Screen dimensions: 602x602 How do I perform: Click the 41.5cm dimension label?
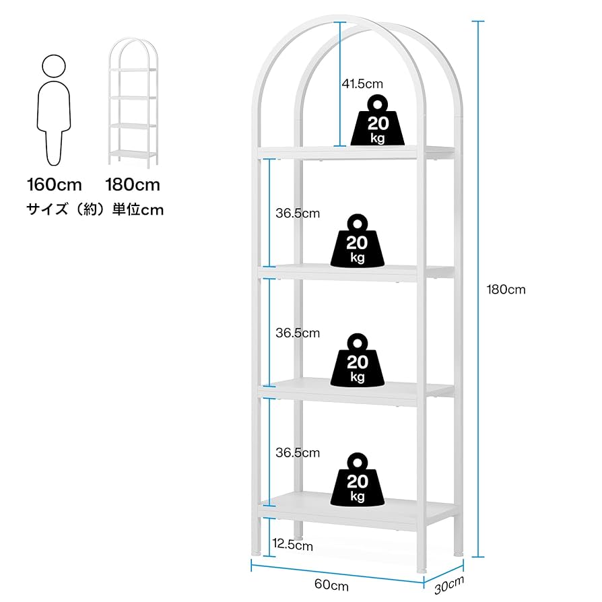pyautogui.click(x=362, y=84)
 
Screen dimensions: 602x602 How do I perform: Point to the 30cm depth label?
pyautogui.click(x=448, y=584)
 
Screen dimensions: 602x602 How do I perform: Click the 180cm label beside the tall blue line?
pyautogui.click(x=506, y=290)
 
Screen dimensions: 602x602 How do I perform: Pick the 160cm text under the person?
pyautogui.click(x=54, y=184)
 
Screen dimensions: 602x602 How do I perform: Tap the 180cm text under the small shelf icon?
pyautogui.click(x=133, y=184)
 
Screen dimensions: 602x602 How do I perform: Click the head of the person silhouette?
pyautogui.click(x=54, y=66)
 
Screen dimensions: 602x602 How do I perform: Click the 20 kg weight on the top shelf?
pyautogui.click(x=378, y=121)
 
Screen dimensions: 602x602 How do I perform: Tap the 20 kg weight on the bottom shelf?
pyautogui.click(x=358, y=480)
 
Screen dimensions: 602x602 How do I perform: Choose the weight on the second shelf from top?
pyautogui.click(x=358, y=240)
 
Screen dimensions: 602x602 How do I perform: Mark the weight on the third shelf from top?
pyautogui.click(x=358, y=360)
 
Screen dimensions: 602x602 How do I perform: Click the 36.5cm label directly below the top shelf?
pyautogui.click(x=298, y=213)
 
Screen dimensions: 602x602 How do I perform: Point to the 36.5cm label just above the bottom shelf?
pyautogui.click(x=298, y=453)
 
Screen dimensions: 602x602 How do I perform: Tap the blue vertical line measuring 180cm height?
pyautogui.click(x=477, y=290)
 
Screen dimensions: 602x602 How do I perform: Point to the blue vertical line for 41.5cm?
pyautogui.click(x=341, y=84)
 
